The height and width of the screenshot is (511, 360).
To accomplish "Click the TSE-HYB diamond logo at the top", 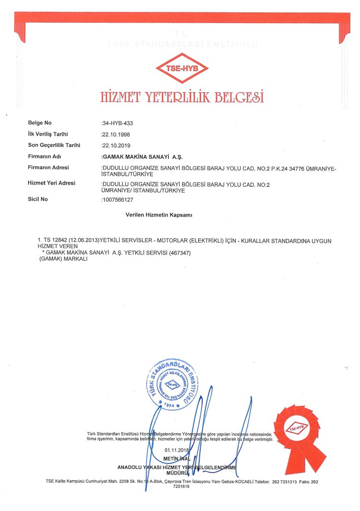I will click(x=181, y=68).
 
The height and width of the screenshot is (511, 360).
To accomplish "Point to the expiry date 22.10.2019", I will click(x=116, y=145).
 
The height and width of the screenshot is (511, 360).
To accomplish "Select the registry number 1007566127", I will click(x=117, y=199).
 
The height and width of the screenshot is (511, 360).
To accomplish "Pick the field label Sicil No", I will click(x=38, y=199).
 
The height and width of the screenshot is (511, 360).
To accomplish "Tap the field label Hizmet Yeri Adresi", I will click(x=52, y=183).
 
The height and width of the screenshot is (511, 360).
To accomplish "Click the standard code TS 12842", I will click(x=55, y=239).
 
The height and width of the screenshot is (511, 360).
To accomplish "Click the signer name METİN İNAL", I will click(x=177, y=459).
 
